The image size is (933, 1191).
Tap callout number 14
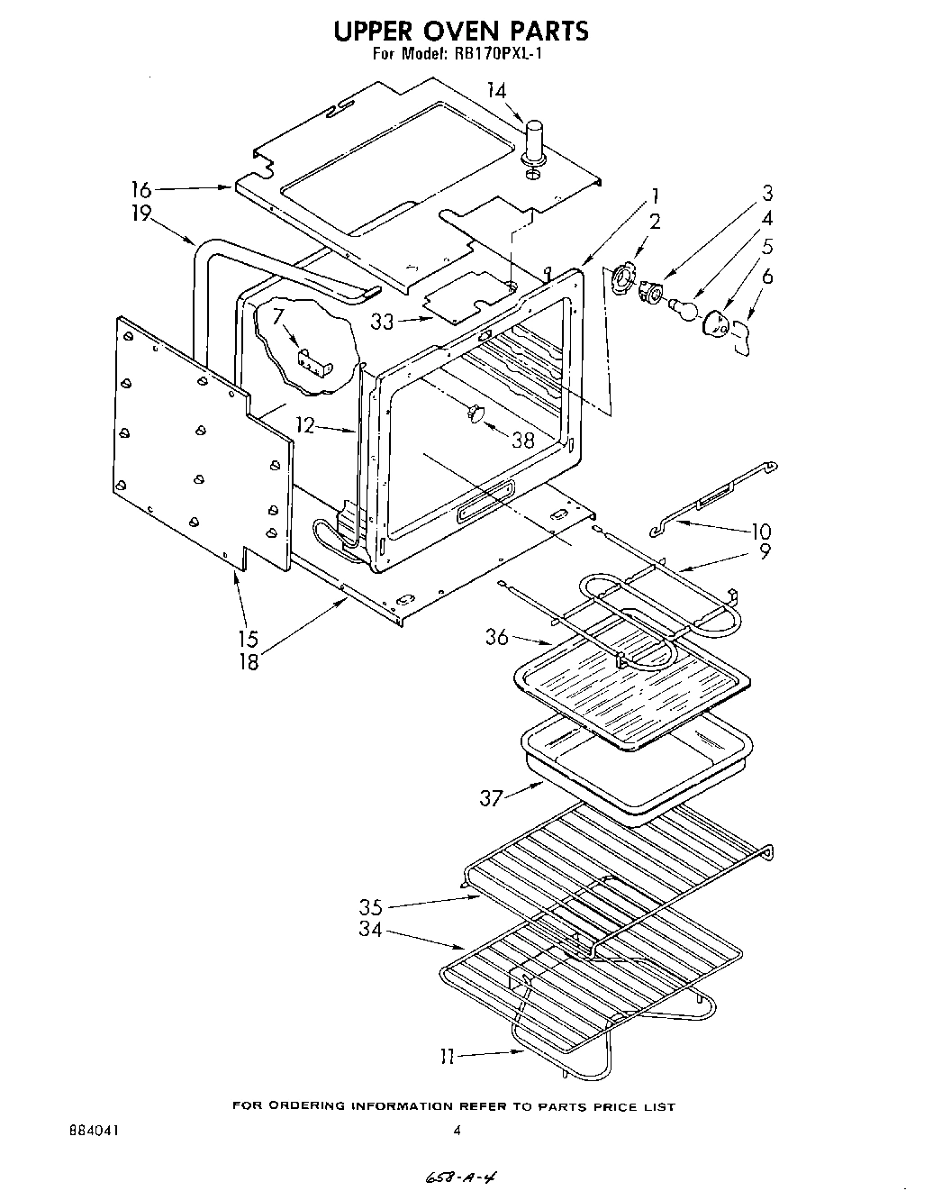point(496,90)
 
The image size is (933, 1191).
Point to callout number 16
point(140,189)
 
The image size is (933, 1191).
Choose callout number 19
point(140,214)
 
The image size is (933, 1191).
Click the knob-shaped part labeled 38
point(476,414)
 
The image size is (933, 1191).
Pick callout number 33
point(383,321)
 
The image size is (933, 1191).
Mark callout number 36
point(496,637)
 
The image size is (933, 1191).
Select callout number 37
point(492,798)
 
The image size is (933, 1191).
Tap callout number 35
point(371,907)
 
